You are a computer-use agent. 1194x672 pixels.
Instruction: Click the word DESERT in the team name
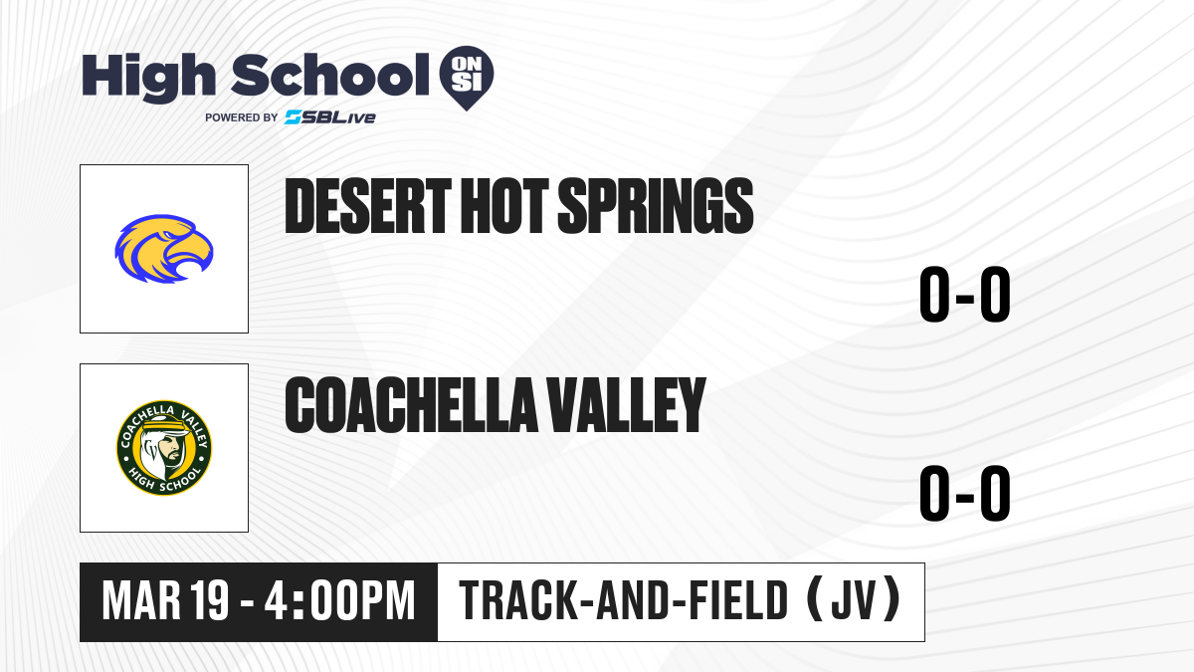(x=368, y=206)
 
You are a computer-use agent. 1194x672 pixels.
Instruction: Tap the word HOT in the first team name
(x=504, y=206)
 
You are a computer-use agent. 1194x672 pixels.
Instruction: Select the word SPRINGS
(x=655, y=206)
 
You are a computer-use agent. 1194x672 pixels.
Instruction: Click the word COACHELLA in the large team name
(x=412, y=404)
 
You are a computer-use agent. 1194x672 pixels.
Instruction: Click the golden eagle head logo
(x=164, y=249)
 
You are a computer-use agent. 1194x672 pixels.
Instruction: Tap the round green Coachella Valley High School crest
(x=164, y=448)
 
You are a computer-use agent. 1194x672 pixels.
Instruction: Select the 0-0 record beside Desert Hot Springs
(x=965, y=294)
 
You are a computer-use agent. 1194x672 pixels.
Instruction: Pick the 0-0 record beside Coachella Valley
(x=965, y=493)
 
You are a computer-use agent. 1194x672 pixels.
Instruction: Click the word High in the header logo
(x=148, y=77)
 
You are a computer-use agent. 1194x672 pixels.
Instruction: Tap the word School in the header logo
(x=330, y=75)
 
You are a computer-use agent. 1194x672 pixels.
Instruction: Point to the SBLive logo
(x=330, y=117)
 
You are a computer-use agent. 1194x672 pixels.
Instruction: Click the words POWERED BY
(x=242, y=117)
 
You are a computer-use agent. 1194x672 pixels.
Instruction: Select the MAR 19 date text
(x=166, y=601)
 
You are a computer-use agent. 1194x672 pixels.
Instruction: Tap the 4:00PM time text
(x=339, y=601)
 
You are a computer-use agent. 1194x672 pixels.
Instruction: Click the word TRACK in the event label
(x=518, y=601)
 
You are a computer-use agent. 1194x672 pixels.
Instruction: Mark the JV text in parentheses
(x=854, y=601)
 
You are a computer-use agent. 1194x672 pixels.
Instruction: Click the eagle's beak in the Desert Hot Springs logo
(x=195, y=256)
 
